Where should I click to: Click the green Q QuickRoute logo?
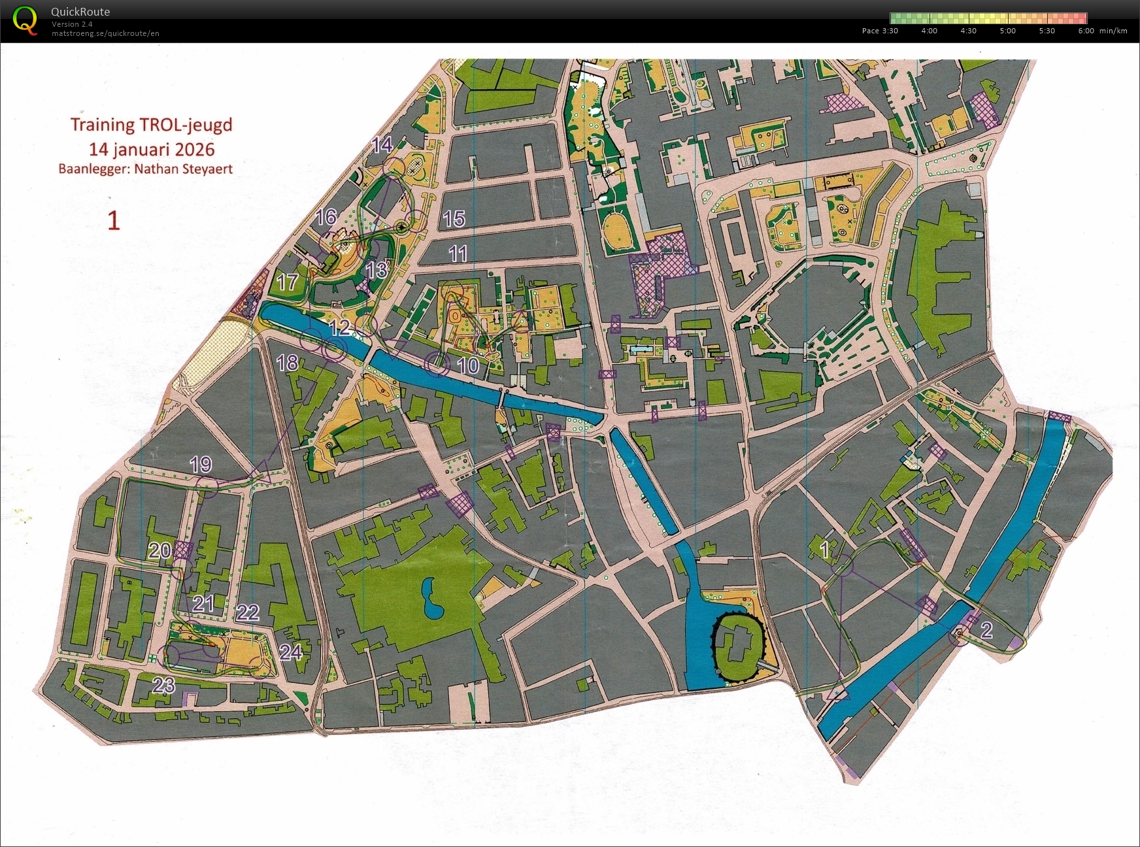25,20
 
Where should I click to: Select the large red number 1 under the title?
114,221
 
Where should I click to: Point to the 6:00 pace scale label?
1086,31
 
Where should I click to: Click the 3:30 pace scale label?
890,31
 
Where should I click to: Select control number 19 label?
201,465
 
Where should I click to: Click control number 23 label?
163,685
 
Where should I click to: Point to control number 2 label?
987,630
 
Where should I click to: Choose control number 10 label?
468,365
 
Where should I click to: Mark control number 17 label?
288,282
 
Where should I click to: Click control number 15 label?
454,219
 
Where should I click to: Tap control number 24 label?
290,652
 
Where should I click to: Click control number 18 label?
288,363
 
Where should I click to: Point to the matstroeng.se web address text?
105,33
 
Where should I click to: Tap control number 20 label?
159,551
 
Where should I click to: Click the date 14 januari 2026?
152,149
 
